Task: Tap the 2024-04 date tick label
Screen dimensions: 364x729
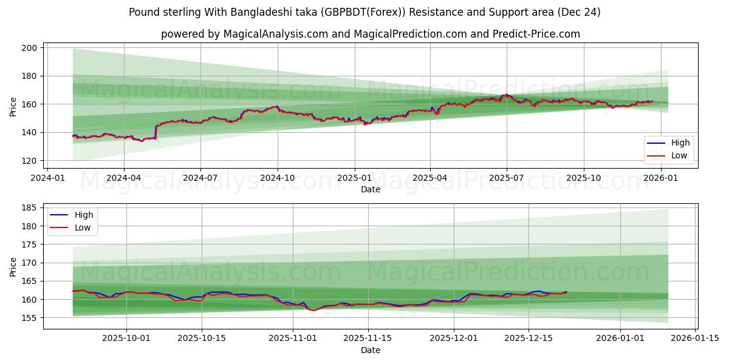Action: [x=124, y=178]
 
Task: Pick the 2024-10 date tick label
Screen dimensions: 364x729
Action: [x=278, y=178]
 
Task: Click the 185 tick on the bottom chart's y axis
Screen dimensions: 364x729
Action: [x=29, y=208]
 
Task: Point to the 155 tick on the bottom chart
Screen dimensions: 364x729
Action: [x=29, y=318]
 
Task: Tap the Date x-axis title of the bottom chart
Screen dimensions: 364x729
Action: [x=371, y=350]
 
